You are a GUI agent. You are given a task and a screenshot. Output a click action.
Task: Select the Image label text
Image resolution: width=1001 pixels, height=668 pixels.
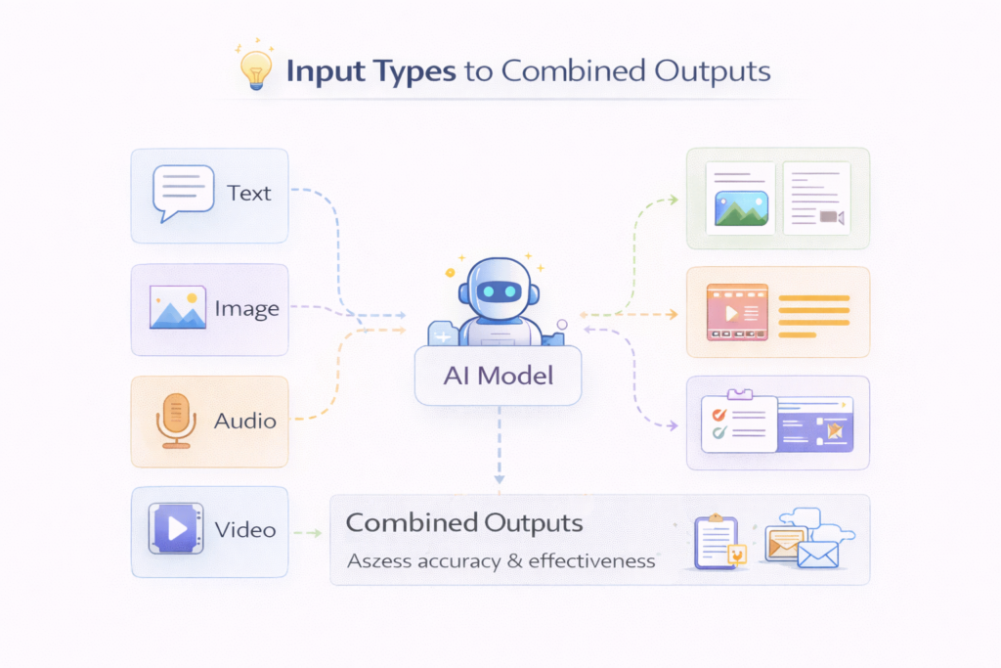(x=247, y=309)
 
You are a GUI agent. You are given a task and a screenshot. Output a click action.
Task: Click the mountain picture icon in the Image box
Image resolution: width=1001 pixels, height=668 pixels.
(x=177, y=307)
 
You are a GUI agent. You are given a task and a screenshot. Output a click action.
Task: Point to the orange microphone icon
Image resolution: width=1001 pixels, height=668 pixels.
(x=175, y=420)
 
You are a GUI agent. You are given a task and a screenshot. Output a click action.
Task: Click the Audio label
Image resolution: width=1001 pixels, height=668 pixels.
(x=245, y=422)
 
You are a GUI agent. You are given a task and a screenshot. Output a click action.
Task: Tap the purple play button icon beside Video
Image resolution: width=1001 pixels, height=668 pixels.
(x=175, y=529)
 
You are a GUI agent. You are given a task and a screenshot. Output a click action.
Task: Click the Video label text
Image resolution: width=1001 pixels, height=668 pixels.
(x=245, y=530)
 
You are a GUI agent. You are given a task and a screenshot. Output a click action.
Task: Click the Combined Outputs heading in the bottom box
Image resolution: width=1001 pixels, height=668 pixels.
(x=464, y=522)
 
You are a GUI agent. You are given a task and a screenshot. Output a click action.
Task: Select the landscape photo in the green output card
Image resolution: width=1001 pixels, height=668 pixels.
(x=741, y=207)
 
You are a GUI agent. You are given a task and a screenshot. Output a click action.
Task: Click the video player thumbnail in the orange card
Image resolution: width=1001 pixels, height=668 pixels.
(x=737, y=312)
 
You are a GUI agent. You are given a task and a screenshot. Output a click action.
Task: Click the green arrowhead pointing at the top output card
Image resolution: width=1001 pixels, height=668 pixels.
(x=673, y=200)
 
